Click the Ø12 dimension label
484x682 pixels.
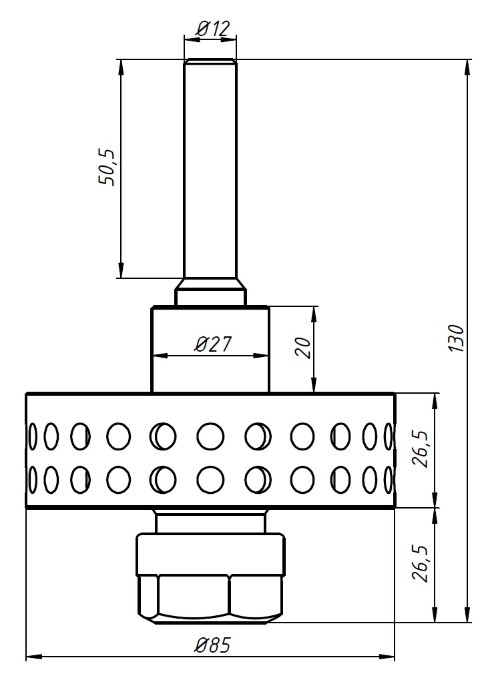(x=212, y=29)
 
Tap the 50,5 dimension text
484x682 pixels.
(x=107, y=167)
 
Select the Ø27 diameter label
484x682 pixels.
(x=213, y=344)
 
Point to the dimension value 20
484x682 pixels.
(x=303, y=348)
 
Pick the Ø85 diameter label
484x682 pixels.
(x=213, y=645)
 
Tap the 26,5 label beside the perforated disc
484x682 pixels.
(x=421, y=449)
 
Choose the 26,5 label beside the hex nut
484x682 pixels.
(x=421, y=563)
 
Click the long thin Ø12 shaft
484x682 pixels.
(x=210, y=169)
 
